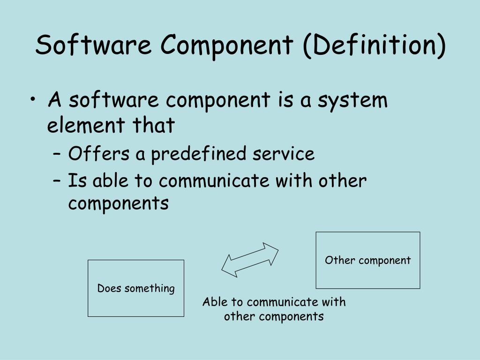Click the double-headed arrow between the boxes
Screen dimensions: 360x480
(x=250, y=260)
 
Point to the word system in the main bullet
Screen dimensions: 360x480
(x=352, y=101)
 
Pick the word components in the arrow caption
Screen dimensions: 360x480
(x=298, y=316)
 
